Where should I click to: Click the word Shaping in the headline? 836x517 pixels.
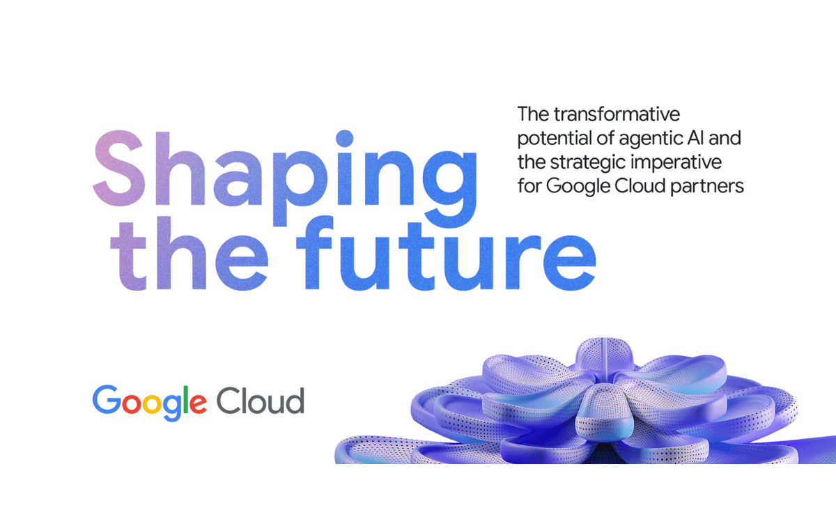tap(285, 178)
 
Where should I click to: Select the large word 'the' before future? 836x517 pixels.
tap(189, 253)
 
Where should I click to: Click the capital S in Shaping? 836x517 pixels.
tap(119, 168)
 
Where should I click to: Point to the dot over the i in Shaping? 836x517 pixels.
tap(344, 139)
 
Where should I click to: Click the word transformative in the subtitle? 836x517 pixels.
tap(617, 114)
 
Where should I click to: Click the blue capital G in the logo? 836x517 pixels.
tap(107, 399)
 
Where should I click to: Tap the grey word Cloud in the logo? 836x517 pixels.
tap(261, 401)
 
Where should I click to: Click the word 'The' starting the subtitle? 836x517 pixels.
tap(533, 114)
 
